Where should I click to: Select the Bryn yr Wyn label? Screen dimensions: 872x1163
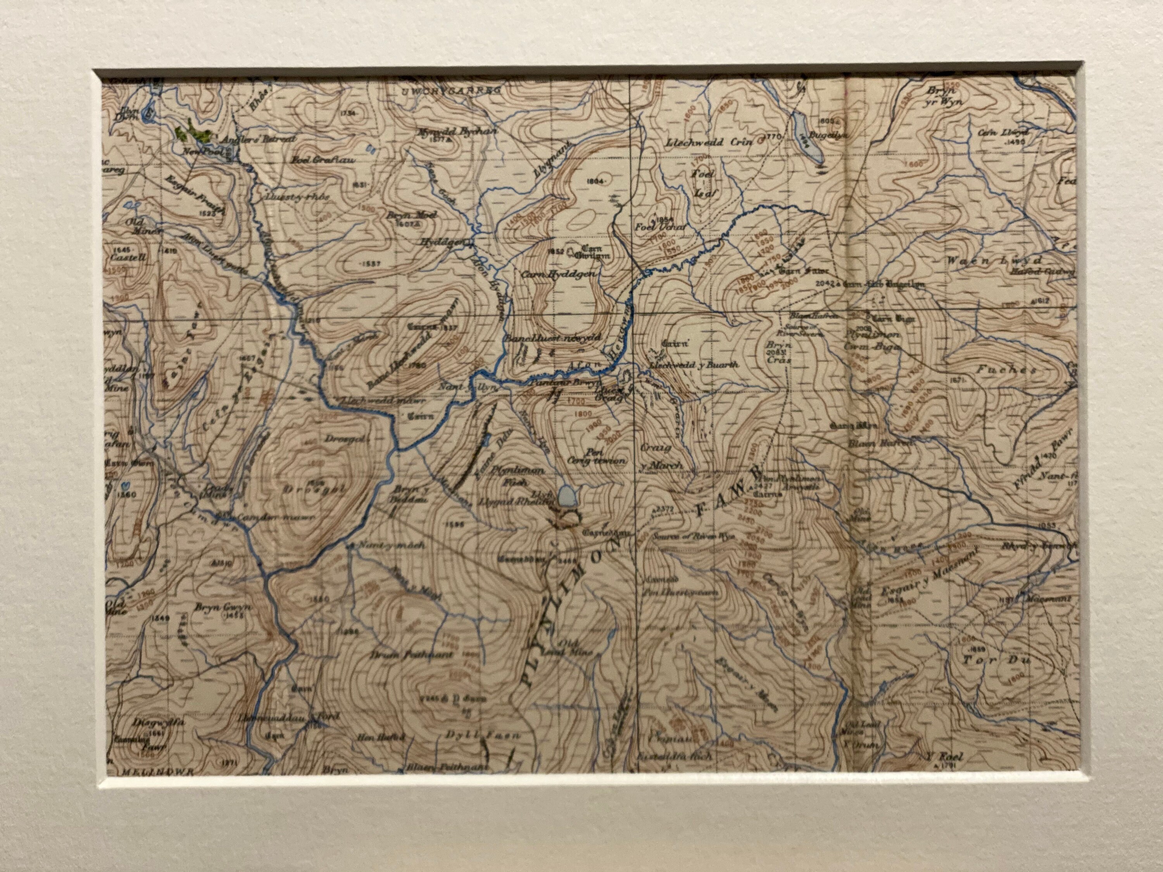(944, 96)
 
